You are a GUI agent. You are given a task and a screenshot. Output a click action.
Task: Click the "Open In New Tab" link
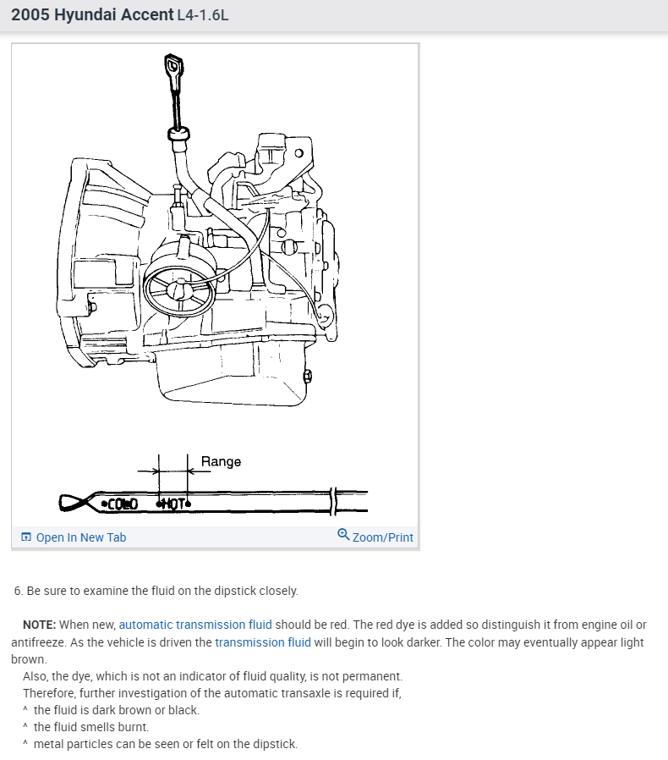tap(80, 537)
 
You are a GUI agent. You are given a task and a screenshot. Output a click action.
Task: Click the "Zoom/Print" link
tap(382, 537)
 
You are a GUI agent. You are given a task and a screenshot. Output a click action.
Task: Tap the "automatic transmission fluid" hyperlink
tap(195, 625)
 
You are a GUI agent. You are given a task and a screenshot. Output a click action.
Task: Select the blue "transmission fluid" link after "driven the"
tap(263, 642)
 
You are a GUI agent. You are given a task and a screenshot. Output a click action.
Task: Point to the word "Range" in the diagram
tap(221, 461)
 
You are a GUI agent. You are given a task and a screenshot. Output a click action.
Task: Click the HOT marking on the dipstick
tap(173, 504)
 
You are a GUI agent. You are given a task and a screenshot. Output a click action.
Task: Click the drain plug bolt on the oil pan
tap(307, 375)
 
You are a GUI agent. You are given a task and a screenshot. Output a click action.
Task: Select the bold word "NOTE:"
tap(40, 625)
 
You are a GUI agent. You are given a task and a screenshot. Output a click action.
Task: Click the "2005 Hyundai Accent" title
tap(91, 15)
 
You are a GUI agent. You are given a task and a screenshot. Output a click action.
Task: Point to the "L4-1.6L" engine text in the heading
tap(203, 16)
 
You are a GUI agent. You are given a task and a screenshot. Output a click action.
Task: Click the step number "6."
tap(19, 591)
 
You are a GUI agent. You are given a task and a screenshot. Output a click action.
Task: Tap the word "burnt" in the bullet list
tap(133, 727)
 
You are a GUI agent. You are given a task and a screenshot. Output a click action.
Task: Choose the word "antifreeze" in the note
tap(39, 642)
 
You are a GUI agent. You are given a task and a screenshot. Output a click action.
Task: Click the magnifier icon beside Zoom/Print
tap(343, 535)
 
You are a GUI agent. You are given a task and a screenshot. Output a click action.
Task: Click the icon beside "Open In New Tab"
tap(26, 537)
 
